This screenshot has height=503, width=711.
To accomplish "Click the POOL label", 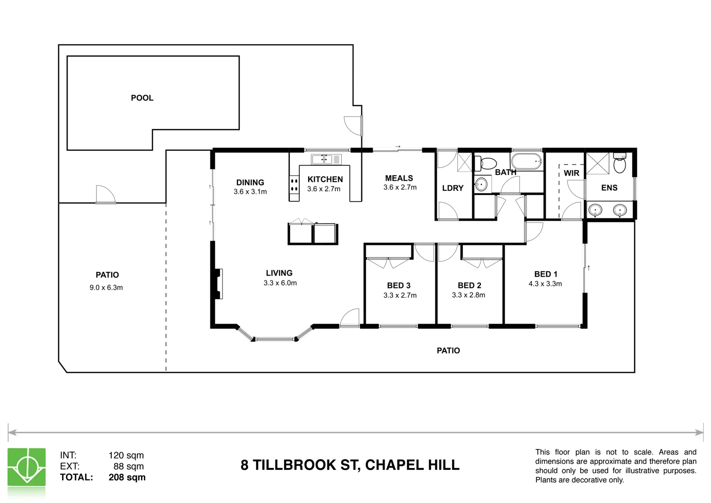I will point(142,98).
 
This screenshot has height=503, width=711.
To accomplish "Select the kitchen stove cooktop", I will point(294,184).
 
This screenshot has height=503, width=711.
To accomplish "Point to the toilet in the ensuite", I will point(619,163).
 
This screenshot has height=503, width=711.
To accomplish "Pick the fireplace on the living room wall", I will point(218,284).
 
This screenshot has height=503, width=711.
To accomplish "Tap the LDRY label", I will point(453,188).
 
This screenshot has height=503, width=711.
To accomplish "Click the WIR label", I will point(571,173).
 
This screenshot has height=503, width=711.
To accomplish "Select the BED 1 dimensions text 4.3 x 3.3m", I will point(545,284).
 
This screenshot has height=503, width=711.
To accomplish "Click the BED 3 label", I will point(399,285).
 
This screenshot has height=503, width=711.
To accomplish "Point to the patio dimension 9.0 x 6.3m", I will point(106,288).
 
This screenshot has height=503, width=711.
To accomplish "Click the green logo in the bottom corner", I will point(27,467).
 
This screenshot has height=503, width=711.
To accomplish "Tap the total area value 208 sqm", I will point(127,477).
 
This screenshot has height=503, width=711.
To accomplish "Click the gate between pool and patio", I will point(105,195).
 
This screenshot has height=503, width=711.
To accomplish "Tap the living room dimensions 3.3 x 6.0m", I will point(280,283).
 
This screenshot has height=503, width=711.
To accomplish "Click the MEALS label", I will point(399,178).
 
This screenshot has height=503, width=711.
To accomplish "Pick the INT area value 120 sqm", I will point(126,455).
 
